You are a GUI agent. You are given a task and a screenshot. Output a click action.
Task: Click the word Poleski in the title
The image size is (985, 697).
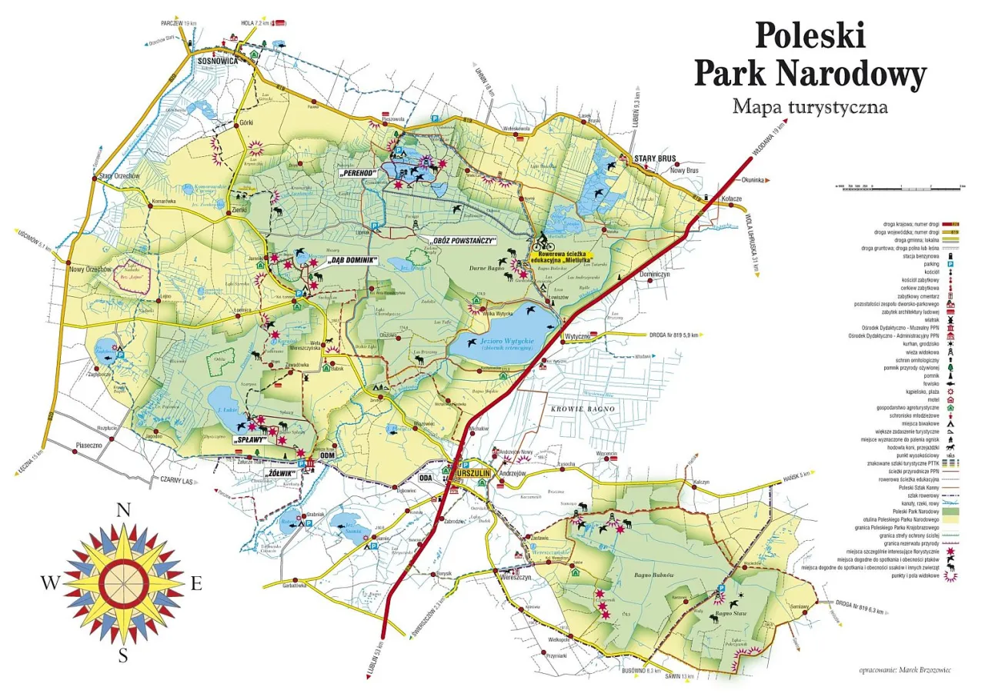pyautogui.click(x=810, y=36)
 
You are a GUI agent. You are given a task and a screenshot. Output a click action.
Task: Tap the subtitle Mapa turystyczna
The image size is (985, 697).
pyautogui.click(x=810, y=105)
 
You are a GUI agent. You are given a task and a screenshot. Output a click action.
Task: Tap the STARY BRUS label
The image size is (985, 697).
pyautogui.click(x=654, y=158)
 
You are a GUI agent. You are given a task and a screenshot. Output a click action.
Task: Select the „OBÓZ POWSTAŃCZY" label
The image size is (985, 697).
pyautogui.click(x=462, y=241)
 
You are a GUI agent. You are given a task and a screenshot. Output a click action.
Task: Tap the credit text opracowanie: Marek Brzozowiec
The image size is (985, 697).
pyautogui.click(x=904, y=670)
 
